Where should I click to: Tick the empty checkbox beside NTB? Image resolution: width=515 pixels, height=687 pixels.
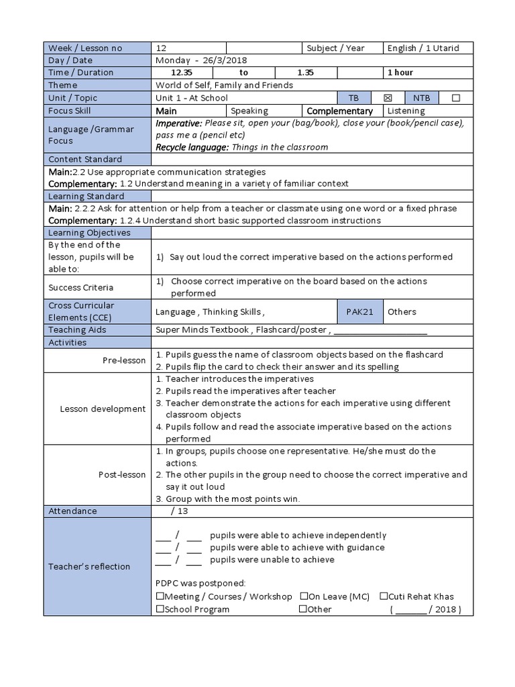(456, 98)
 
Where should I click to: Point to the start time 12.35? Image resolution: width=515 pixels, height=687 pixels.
(182, 72)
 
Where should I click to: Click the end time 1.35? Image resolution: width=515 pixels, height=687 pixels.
(306, 72)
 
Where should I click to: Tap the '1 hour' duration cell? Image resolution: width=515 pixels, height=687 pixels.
(400, 72)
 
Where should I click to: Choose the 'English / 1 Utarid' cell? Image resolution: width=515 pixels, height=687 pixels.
(423, 48)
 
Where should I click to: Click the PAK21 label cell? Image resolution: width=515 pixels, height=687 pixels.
(359, 312)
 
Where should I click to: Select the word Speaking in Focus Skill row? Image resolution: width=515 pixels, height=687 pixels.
(249, 111)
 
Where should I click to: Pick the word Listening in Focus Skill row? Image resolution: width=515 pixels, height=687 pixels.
(406, 111)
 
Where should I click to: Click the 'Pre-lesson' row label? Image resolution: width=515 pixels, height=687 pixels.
(124, 360)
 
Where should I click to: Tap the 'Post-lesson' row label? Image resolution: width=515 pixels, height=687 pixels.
(122, 474)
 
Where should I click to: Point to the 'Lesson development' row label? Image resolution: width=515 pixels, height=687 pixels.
(103, 409)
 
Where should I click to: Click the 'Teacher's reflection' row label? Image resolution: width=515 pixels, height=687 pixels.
(89, 566)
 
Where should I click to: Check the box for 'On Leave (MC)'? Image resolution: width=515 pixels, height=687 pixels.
(304, 596)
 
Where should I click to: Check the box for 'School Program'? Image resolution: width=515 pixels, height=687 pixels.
(160, 609)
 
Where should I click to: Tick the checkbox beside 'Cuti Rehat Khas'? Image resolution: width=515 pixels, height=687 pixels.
(384, 596)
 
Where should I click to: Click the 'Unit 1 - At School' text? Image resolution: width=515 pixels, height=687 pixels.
(192, 98)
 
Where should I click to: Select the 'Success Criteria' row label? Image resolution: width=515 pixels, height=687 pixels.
(80, 287)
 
